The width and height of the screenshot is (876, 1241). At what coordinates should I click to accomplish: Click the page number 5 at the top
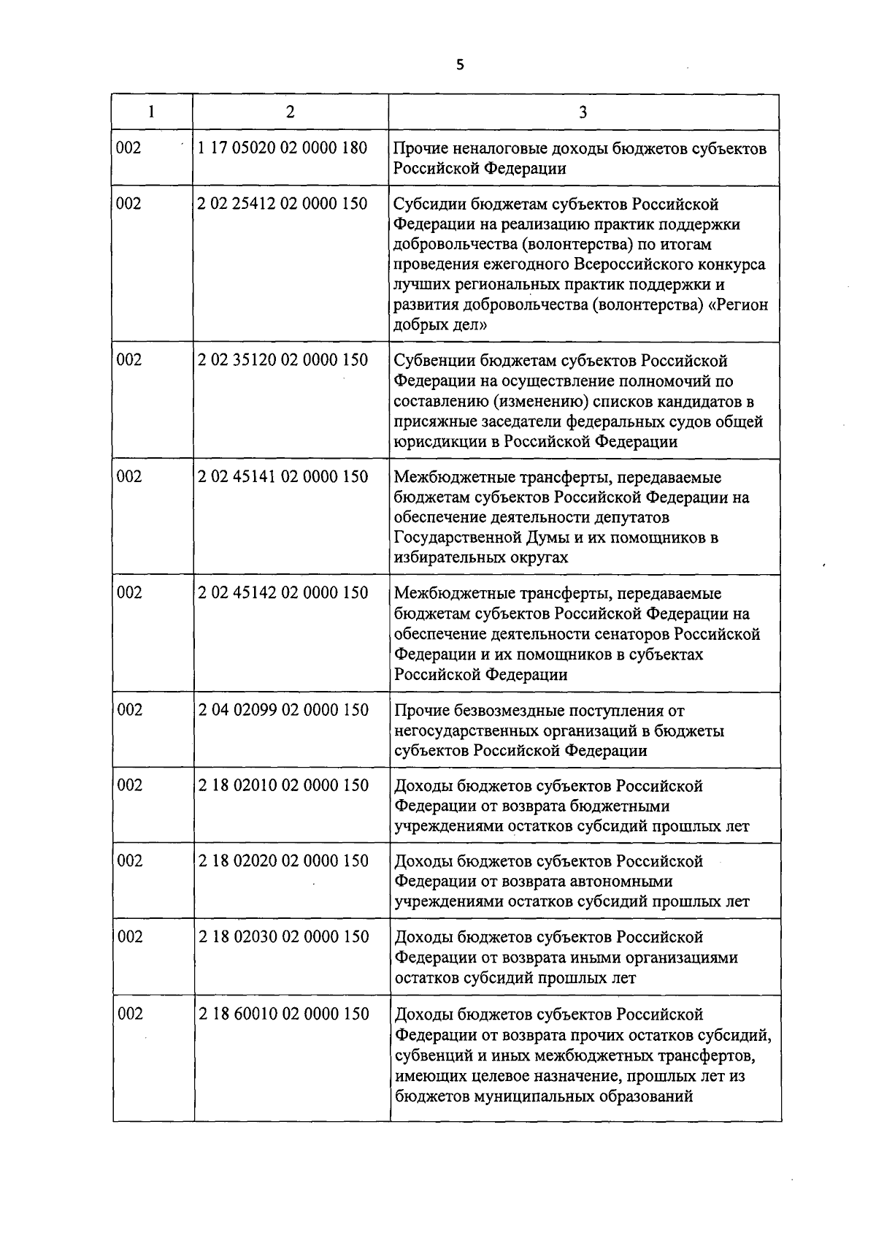pyautogui.click(x=459, y=64)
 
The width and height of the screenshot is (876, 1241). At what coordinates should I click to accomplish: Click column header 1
pyautogui.click(x=151, y=112)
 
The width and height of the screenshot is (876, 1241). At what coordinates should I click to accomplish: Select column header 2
pyautogui.click(x=290, y=112)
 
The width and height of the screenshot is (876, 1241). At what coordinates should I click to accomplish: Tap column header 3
pyautogui.click(x=583, y=112)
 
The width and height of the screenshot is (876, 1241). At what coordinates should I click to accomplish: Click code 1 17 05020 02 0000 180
pyautogui.click(x=283, y=148)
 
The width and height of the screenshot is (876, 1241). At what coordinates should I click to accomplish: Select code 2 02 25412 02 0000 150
pyautogui.click(x=283, y=204)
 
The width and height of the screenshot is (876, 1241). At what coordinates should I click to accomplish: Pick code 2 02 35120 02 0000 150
pyautogui.click(x=283, y=360)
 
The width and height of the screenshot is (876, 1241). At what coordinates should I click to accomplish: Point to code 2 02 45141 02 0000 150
pyautogui.click(x=283, y=477)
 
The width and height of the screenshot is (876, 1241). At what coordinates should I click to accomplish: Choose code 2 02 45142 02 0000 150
pyautogui.click(x=283, y=593)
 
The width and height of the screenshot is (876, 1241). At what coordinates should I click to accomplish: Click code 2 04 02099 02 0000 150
pyautogui.click(x=283, y=710)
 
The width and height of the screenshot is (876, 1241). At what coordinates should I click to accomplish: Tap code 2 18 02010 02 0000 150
pyautogui.click(x=283, y=786)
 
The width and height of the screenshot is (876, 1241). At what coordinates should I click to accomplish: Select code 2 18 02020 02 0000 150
pyautogui.click(x=283, y=861)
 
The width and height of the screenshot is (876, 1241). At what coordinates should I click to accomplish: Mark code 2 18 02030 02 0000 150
pyautogui.click(x=283, y=937)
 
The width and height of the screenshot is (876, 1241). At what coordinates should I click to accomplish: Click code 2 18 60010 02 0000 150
pyautogui.click(x=283, y=1015)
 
